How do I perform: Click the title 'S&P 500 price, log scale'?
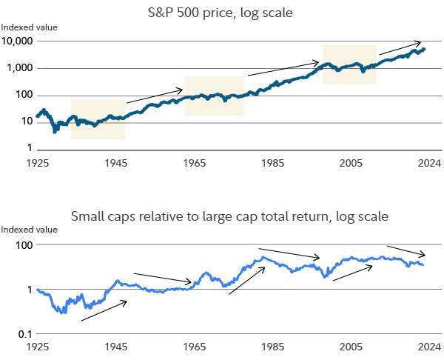pyautogui.click(x=222, y=12)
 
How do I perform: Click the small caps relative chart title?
pyautogui.click(x=229, y=217)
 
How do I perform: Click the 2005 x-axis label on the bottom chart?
pyautogui.click(x=351, y=346)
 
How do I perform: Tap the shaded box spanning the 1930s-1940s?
pyautogui.click(x=98, y=119)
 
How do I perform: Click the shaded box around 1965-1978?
pyautogui.click(x=215, y=96)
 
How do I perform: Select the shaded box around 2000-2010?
pyautogui.click(x=349, y=64)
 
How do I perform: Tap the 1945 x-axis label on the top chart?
pyautogui.click(x=115, y=161)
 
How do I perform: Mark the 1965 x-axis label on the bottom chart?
pyautogui.click(x=194, y=346)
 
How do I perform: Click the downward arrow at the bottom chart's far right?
pyautogui.click(x=406, y=250)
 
